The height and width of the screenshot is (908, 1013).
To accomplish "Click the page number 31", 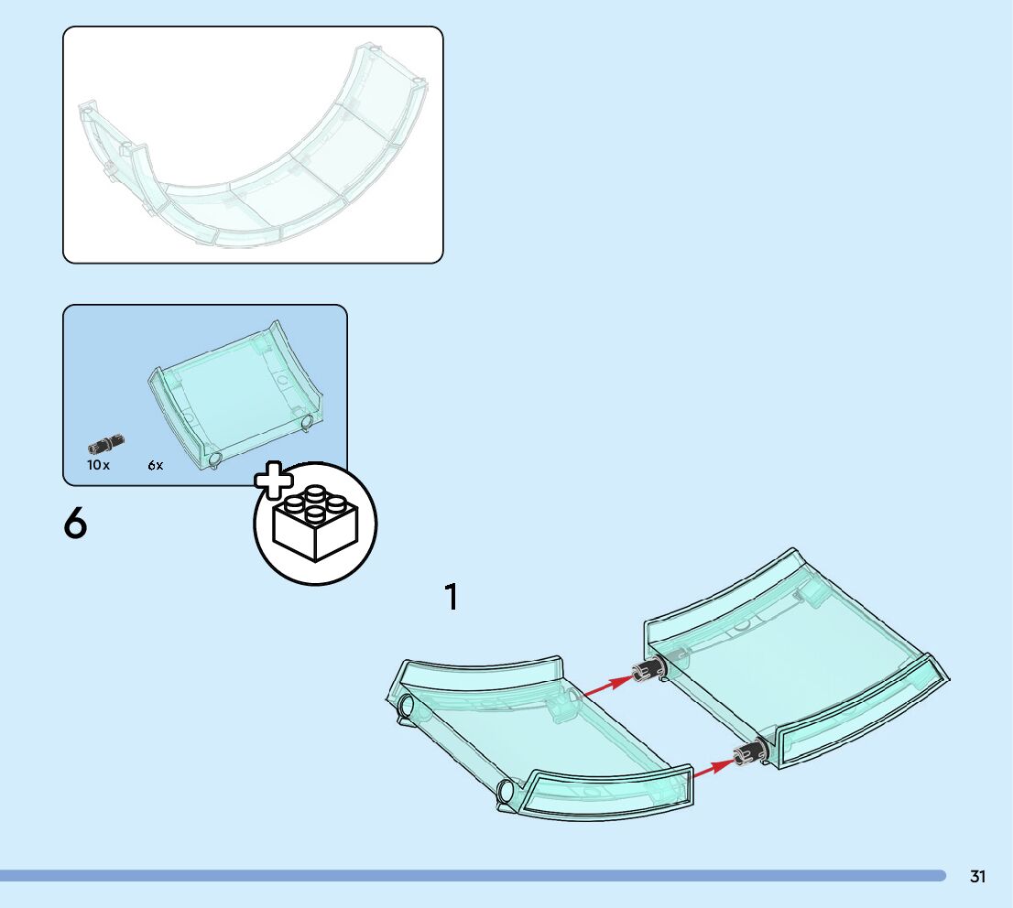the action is pyautogui.click(x=978, y=877).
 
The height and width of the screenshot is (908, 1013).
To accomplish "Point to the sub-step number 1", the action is pyautogui.click(x=451, y=598).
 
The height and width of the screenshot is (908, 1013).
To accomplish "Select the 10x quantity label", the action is pyautogui.click(x=98, y=465).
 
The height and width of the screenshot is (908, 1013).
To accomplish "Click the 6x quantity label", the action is pyautogui.click(x=156, y=465).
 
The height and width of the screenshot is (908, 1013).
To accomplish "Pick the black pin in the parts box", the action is pyautogui.click(x=106, y=445).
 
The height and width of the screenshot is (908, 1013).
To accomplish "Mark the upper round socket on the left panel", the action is pyautogui.click(x=405, y=707).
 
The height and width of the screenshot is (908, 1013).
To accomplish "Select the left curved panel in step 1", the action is pyautogui.click(x=540, y=741).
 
